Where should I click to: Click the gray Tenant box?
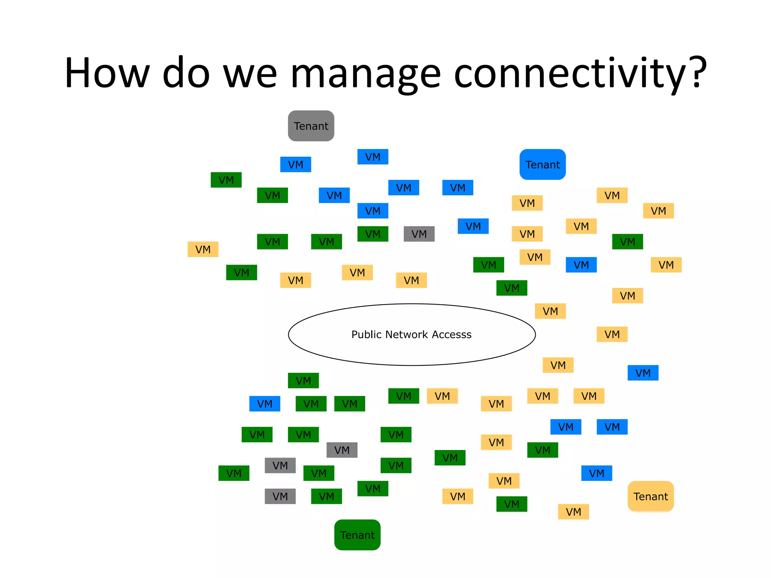[x=311, y=126]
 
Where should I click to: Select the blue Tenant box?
[x=542, y=164]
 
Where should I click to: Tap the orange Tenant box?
[x=651, y=496]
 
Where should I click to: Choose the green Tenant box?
[x=357, y=535]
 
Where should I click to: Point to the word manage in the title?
[x=365, y=73]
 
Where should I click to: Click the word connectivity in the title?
[x=569, y=73]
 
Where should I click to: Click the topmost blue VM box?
[x=373, y=157]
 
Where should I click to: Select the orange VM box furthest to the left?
[x=203, y=249]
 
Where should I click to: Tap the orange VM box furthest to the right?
[x=666, y=265]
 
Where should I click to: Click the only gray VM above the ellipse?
[x=419, y=234]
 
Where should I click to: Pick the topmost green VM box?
[x=226, y=180]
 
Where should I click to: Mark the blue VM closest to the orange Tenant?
[x=596, y=473]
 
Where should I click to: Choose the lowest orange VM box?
[x=573, y=512]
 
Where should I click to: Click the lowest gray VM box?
[x=280, y=496]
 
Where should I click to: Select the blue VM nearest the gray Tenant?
[x=296, y=164]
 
